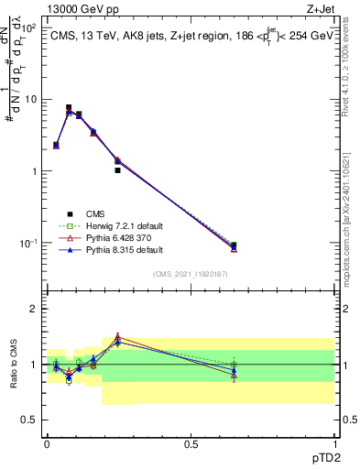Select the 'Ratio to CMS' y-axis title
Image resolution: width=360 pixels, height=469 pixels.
[13, 365]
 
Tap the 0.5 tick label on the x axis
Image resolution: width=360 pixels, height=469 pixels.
[191, 443]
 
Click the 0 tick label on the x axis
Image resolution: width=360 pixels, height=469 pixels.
[47, 443]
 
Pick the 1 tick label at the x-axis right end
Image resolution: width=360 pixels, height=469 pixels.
[333, 443]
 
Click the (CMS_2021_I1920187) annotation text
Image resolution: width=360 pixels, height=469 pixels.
[191, 273]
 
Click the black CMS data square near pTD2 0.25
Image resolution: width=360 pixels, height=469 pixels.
[118, 170]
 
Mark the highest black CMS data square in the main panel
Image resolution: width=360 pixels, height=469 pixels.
[69, 107]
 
